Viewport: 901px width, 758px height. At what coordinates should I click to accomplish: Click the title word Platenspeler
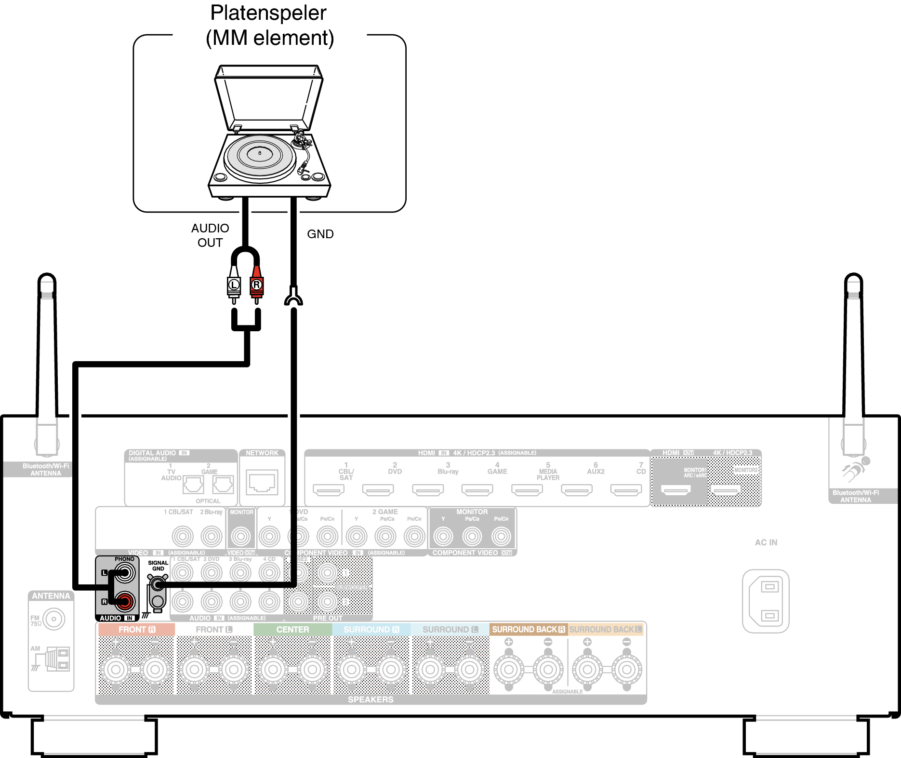268,13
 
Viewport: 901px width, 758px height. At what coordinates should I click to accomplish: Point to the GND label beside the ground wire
320,234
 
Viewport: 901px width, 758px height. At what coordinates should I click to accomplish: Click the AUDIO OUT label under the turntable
210,235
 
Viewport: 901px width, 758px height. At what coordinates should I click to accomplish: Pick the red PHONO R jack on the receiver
125,601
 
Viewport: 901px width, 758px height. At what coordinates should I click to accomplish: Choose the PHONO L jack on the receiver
125,573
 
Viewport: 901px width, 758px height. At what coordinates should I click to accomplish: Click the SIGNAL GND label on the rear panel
158,566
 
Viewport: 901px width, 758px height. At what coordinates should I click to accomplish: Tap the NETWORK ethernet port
262,482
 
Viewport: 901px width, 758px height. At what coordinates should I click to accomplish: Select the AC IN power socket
766,601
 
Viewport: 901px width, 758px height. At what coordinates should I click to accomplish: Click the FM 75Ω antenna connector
53,619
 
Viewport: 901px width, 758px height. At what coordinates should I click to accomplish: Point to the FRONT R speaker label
137,629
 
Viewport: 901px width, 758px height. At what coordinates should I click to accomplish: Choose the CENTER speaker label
292,629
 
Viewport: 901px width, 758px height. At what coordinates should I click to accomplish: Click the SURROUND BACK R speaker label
528,629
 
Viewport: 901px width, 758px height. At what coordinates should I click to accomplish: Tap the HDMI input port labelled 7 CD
626,490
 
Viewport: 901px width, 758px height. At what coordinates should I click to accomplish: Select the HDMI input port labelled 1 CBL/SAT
329,490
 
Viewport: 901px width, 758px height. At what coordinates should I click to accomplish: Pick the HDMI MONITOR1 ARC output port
676,490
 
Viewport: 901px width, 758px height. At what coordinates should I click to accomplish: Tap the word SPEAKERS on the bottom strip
371,699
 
